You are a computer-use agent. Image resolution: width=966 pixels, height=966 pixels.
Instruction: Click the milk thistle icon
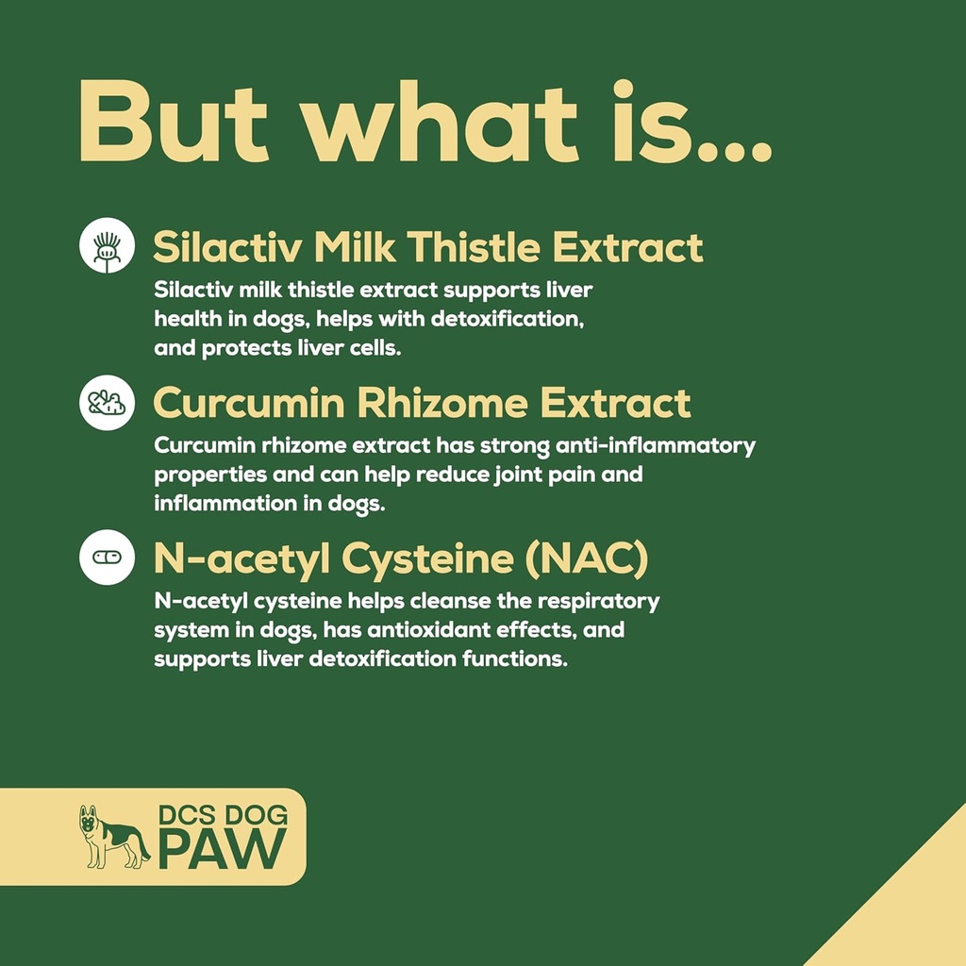pyautogui.click(x=108, y=245)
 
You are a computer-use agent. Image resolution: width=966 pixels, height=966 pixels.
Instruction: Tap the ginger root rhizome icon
pyautogui.click(x=108, y=402)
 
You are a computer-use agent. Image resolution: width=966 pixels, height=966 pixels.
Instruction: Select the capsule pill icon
pyautogui.click(x=108, y=557)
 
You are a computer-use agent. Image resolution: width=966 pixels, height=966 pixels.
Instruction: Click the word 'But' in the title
pyautogui.click(x=174, y=122)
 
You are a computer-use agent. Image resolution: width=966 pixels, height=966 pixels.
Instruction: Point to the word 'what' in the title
pyautogui.click(x=440, y=122)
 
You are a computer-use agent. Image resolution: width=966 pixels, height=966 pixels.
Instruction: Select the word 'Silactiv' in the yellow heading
pyautogui.click(x=227, y=247)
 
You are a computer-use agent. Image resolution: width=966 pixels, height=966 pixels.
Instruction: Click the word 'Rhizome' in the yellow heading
pyautogui.click(x=441, y=403)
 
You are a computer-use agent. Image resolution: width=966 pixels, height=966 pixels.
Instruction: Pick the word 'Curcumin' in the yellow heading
pyautogui.click(x=249, y=403)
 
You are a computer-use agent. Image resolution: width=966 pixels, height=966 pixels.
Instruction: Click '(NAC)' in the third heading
pyautogui.click(x=587, y=558)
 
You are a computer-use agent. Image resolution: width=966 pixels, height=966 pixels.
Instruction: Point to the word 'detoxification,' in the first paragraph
pyautogui.click(x=507, y=319)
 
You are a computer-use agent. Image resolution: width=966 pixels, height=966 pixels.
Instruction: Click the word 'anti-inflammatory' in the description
pyautogui.click(x=656, y=445)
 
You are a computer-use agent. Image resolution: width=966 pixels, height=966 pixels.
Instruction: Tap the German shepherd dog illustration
pyautogui.click(x=114, y=837)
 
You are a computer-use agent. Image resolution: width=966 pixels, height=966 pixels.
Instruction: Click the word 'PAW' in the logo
pyautogui.click(x=223, y=849)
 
